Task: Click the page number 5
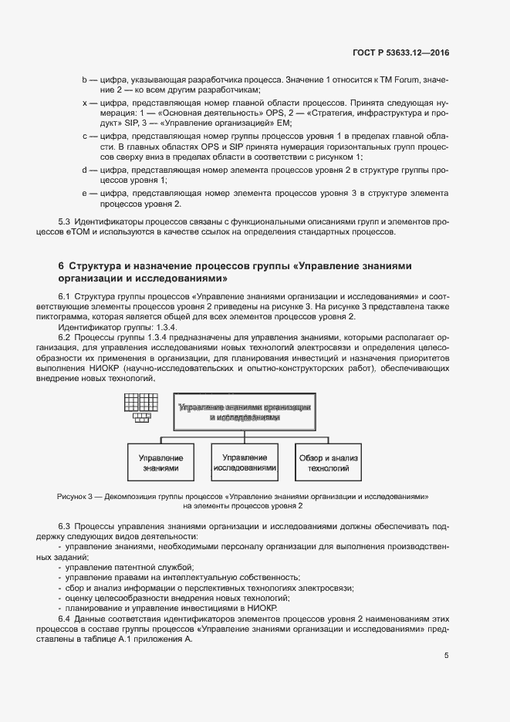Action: [446, 656]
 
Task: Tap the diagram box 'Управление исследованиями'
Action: [245, 463]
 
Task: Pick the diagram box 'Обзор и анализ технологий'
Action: [329, 463]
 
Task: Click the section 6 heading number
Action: [61, 266]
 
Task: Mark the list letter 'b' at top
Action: [84, 80]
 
